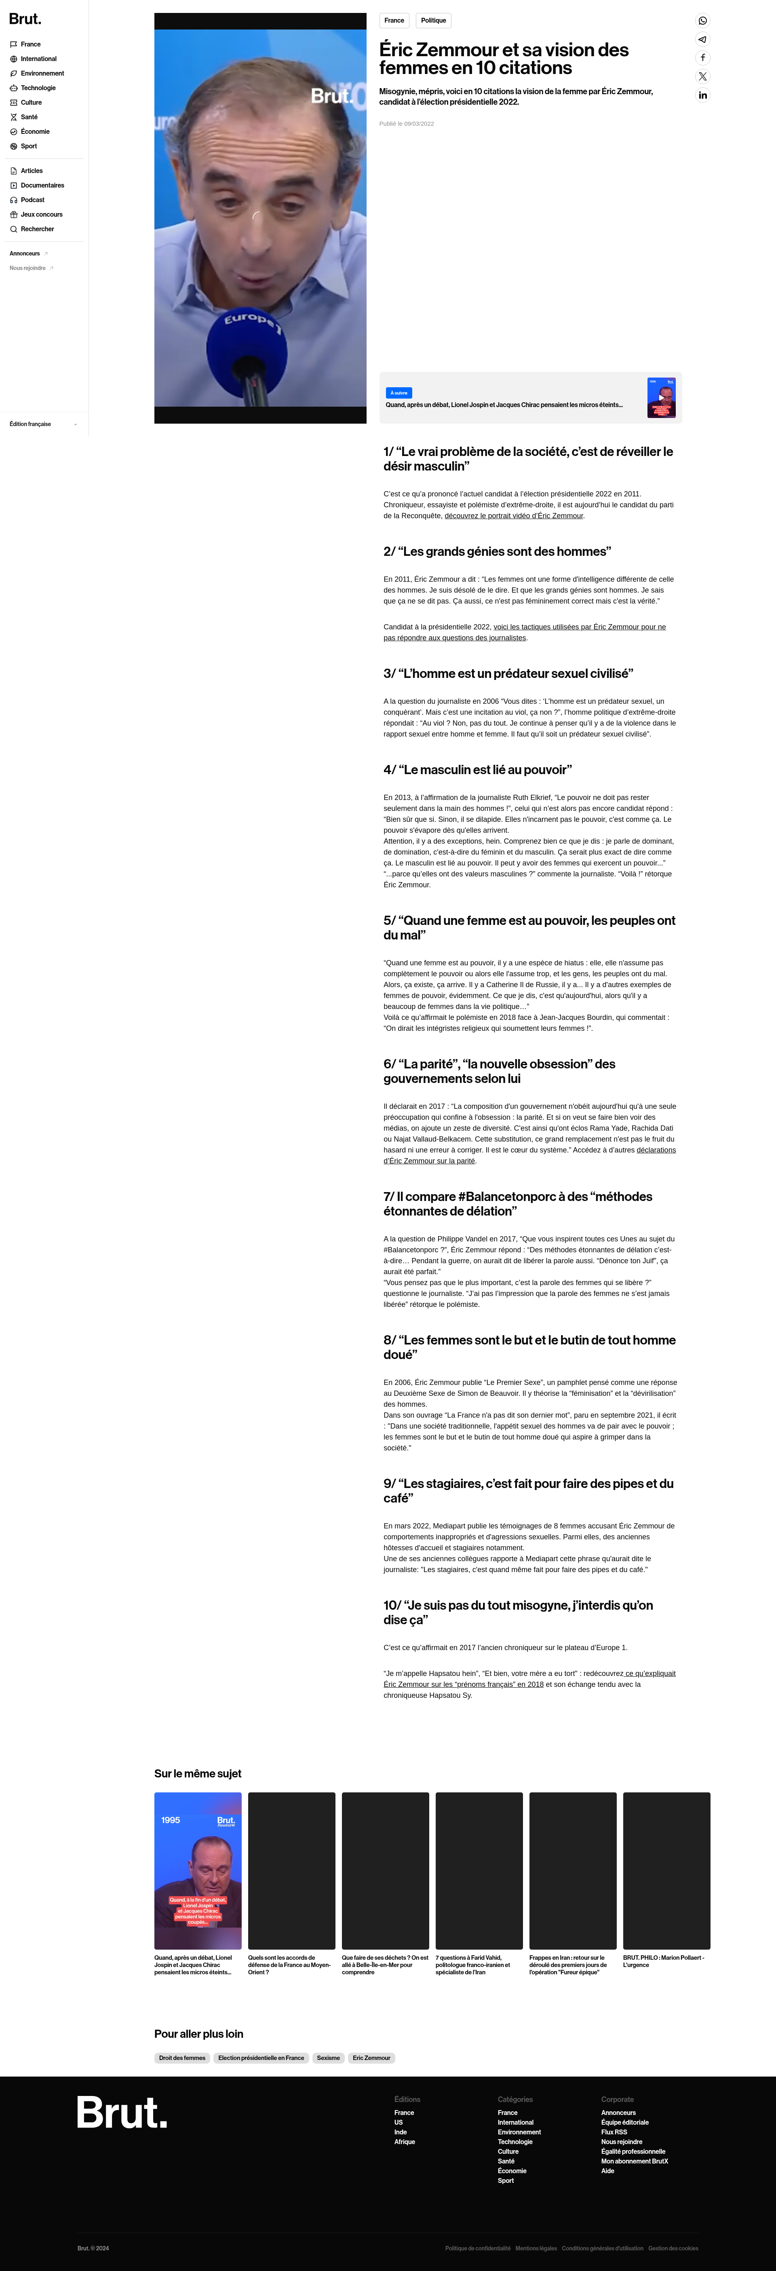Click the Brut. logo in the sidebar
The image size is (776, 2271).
tap(25, 19)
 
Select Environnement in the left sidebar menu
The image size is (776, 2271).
tap(42, 73)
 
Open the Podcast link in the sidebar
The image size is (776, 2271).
tap(33, 200)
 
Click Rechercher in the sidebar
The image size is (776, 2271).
tap(37, 229)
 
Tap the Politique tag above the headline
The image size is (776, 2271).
tap(433, 20)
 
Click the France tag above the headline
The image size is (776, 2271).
tap(394, 20)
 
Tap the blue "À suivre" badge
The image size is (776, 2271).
tap(399, 393)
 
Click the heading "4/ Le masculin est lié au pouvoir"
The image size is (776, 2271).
tap(477, 770)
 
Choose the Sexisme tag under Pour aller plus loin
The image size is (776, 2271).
tap(328, 2058)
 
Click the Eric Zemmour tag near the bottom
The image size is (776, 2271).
tap(371, 2058)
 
